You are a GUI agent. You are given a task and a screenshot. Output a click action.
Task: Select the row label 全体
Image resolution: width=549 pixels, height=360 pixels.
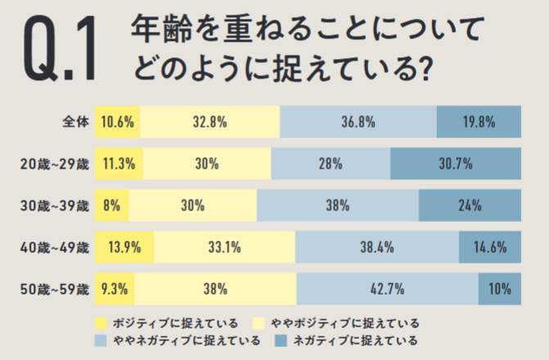(x=75, y=122)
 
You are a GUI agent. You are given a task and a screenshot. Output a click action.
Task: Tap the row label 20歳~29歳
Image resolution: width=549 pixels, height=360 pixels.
(x=54, y=164)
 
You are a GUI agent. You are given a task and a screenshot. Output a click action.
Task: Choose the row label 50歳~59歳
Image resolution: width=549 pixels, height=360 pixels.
(x=54, y=289)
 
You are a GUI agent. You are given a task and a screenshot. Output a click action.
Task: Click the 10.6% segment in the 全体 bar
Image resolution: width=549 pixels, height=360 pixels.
(x=117, y=122)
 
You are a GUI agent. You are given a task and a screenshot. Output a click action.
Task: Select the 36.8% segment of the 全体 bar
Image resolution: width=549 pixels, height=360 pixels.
(x=358, y=122)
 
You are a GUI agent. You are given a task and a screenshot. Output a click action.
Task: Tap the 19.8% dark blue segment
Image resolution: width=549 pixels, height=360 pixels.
(x=479, y=122)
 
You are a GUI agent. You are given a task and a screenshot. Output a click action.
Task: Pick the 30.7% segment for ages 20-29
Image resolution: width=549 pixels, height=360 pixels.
(x=456, y=164)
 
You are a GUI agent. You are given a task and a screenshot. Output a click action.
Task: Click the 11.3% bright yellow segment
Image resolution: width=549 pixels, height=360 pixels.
(x=119, y=164)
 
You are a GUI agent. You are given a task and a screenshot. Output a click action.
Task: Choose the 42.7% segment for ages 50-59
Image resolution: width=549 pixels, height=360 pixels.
(x=387, y=289)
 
